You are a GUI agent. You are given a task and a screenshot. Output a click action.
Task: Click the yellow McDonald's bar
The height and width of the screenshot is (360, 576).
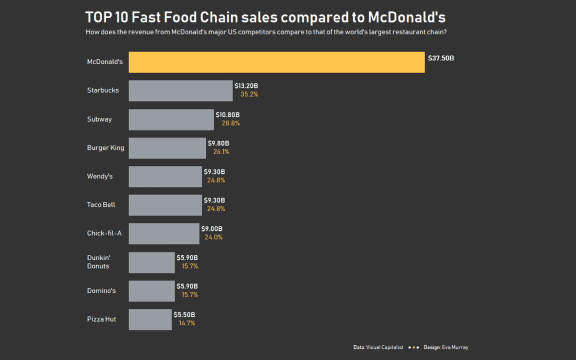click(x=277, y=62)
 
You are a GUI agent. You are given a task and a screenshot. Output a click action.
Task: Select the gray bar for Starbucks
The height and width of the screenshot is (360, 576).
click(x=181, y=91)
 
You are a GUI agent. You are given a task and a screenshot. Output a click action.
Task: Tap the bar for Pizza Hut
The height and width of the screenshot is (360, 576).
click(x=150, y=319)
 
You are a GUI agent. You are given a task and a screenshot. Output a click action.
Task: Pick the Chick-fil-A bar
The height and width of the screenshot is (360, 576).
click(x=164, y=234)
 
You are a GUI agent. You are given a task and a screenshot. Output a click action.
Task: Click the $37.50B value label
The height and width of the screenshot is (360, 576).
click(x=441, y=58)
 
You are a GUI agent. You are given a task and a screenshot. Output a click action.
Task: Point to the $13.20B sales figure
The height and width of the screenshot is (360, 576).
click(x=246, y=86)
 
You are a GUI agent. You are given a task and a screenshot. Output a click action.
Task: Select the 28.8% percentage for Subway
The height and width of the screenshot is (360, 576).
click(x=230, y=123)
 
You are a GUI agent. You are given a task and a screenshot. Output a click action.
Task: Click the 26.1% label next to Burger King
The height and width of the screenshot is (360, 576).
click(x=221, y=151)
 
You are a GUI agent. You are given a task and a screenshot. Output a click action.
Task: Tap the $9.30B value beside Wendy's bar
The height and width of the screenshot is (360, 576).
click(x=214, y=172)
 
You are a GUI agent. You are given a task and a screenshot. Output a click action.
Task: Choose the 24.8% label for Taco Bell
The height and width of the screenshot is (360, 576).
click(x=216, y=209)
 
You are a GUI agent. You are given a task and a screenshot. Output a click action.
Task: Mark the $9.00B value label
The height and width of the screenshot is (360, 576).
click(x=212, y=229)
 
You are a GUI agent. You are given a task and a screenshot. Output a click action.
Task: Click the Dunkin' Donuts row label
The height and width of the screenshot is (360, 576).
click(x=98, y=262)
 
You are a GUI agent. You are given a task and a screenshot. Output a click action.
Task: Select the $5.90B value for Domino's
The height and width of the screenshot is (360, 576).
click(x=187, y=286)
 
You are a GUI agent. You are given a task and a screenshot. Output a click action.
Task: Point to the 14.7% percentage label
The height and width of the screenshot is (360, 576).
click(x=187, y=323)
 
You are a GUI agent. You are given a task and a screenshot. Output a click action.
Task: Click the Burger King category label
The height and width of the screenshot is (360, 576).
click(x=106, y=148)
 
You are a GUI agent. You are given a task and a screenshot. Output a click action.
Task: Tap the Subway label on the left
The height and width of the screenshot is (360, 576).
click(x=99, y=119)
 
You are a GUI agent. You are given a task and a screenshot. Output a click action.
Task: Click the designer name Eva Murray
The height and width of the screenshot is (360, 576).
click(x=455, y=347)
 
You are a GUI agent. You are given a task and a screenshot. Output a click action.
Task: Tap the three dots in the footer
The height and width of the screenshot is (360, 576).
click(x=413, y=347)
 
